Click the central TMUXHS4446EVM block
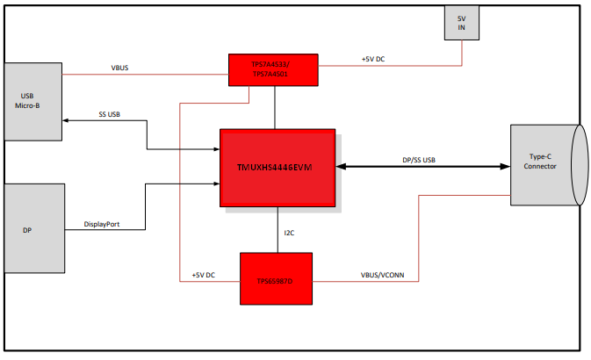click(277, 167)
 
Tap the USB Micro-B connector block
click(33, 101)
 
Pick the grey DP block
click(34, 228)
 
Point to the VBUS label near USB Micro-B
click(121, 66)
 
